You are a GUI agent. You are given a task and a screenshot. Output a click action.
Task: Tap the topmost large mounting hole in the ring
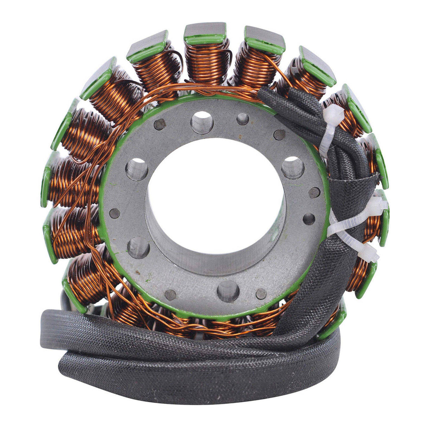[x=202, y=122]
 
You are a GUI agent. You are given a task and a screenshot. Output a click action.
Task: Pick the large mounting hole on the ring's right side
[x=292, y=167]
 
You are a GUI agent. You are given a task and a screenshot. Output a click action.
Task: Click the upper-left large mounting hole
[x=136, y=169]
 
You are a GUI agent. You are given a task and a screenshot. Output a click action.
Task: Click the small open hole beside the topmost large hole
[x=243, y=119]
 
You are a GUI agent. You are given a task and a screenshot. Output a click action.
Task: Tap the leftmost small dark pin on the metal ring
[x=115, y=213]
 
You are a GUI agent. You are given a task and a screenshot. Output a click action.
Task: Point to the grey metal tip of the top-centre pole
[x=205, y=30]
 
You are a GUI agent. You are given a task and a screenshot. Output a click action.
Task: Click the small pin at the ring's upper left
[x=160, y=124]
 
